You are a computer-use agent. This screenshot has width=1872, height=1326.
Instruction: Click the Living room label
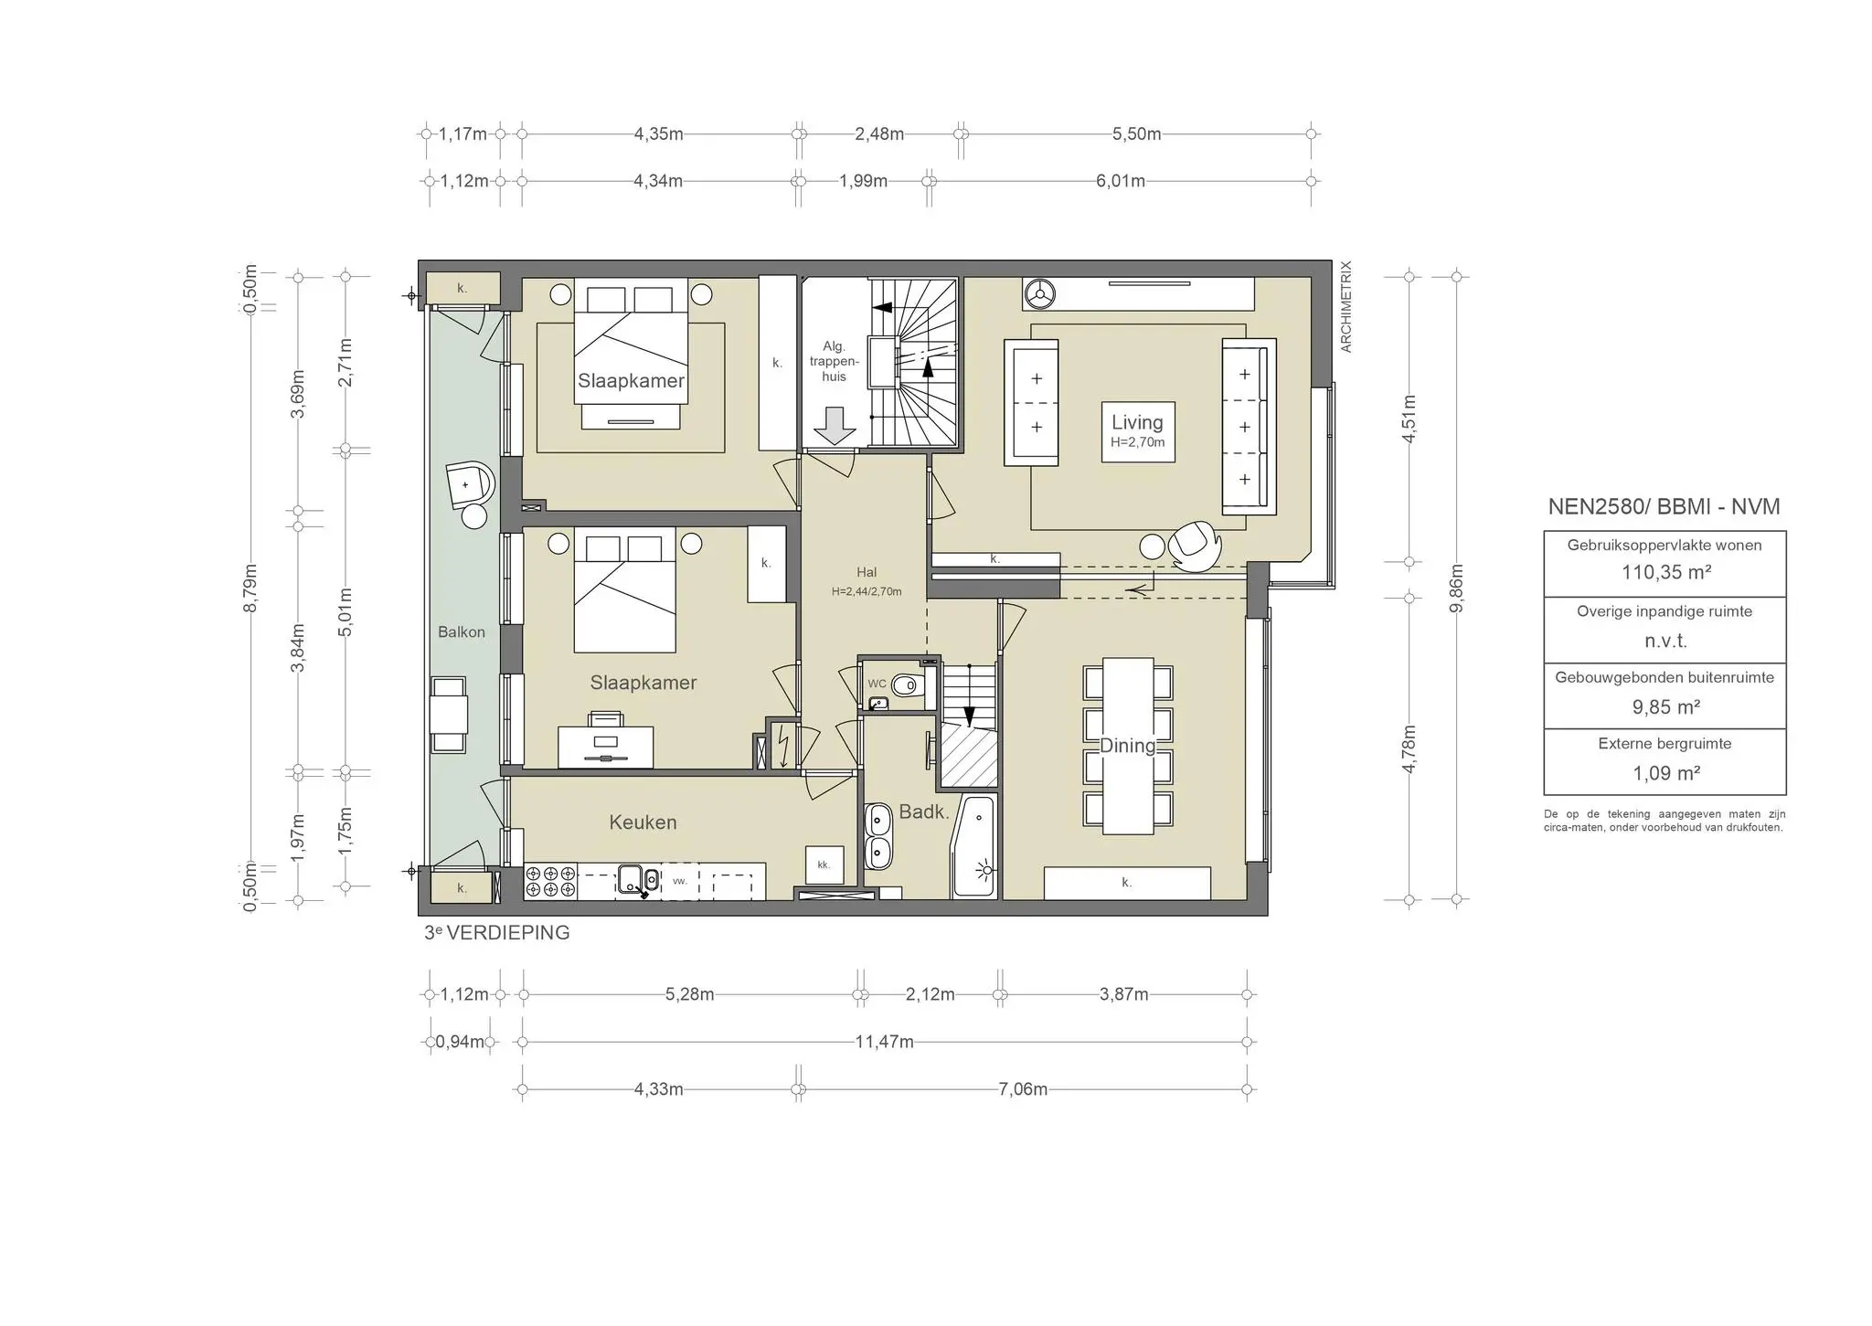point(1136,423)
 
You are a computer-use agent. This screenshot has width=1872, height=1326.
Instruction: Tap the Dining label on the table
point(1126,746)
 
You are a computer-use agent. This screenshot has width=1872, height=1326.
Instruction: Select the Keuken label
point(643,822)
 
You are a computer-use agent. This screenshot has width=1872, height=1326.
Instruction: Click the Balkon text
point(461,632)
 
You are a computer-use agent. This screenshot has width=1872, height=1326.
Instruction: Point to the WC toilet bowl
point(907,685)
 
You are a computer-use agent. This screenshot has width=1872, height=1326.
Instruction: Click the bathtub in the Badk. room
point(974,848)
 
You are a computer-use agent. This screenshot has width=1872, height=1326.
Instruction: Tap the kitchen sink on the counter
point(631,880)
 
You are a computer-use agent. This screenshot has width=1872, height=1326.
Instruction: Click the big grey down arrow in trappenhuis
point(834,426)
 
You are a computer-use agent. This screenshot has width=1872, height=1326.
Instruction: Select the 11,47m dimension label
point(884,1042)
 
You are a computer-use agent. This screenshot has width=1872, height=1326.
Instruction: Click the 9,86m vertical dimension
point(1457,589)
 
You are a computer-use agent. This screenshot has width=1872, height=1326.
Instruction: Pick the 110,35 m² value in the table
point(1665,573)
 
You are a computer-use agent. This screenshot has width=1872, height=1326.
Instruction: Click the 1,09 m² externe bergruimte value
point(1665,774)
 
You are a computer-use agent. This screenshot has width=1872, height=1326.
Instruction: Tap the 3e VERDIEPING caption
point(497,933)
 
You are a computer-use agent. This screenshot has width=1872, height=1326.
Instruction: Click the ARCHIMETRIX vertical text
point(1345,307)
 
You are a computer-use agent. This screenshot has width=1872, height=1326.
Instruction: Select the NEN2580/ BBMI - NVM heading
point(1664,507)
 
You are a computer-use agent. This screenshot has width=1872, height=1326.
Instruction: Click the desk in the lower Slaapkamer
point(605,747)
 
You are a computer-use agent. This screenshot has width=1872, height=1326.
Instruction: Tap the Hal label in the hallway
point(866,573)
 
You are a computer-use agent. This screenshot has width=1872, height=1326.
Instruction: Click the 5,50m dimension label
point(1136,134)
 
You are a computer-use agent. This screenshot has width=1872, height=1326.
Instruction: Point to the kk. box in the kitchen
point(824,865)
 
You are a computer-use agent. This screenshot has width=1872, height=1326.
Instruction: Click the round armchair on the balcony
point(469,484)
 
